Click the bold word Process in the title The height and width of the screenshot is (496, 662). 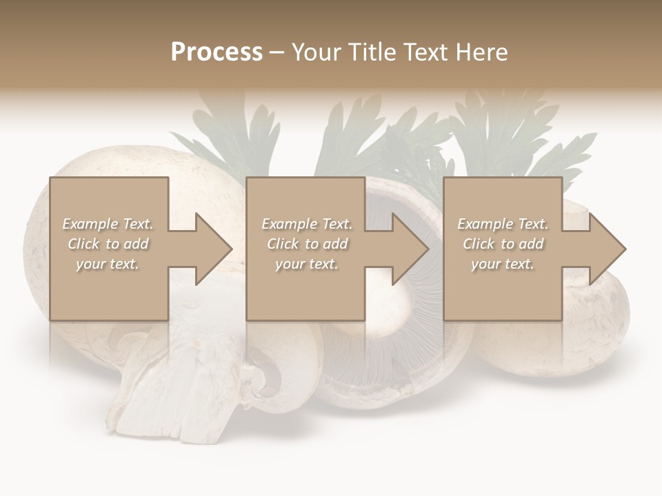217,52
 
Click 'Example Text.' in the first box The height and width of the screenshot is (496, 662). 108,224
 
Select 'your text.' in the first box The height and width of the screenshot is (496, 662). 108,264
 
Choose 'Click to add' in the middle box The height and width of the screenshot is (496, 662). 307,244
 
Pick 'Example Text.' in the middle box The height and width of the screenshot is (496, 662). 307,224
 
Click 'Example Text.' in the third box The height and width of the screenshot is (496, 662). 503,224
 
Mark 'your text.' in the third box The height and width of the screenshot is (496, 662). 503,264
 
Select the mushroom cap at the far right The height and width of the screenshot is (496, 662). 600,324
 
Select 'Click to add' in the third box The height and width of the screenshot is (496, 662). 503,244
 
